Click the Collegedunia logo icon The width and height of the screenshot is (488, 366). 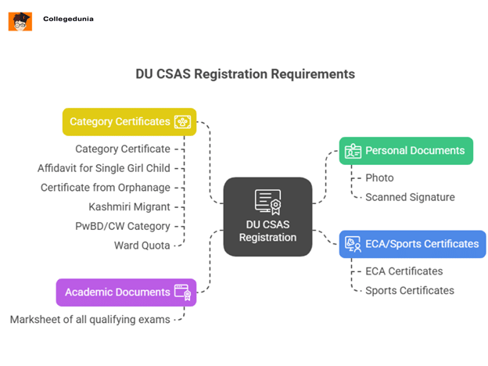[20, 21]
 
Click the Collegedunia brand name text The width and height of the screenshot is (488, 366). [68, 19]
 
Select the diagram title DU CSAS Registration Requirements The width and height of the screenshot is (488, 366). [245, 74]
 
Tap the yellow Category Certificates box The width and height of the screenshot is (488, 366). [129, 122]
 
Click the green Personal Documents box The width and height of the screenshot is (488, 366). [406, 150]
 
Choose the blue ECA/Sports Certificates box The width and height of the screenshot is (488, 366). [412, 244]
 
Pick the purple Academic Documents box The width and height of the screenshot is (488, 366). [126, 292]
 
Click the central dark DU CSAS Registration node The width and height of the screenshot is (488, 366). [267, 217]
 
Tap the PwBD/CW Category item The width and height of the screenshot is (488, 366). [124, 226]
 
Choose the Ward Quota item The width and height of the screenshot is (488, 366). [142, 246]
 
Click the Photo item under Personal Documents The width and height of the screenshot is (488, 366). [379, 178]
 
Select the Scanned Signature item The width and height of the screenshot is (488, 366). [410, 197]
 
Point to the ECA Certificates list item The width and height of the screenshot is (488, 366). [404, 271]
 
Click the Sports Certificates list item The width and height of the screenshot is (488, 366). [409, 290]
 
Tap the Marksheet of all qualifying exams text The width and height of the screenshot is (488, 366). [90, 319]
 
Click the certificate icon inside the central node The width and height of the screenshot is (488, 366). [267, 201]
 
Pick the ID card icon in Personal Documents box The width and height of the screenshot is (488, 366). [353, 150]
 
